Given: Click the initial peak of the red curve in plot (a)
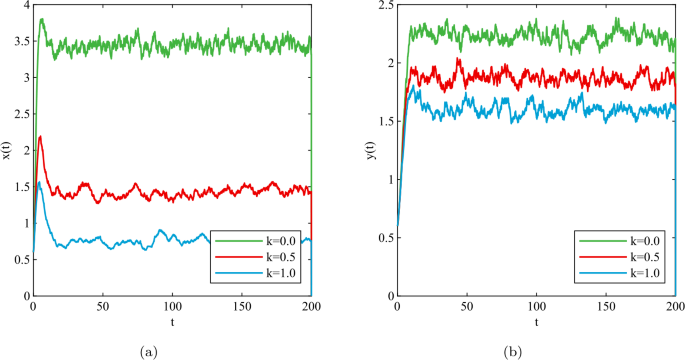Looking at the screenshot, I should click(40, 137).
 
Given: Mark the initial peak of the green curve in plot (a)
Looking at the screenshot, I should click(41, 19).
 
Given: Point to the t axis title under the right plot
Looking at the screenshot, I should click(537, 323).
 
